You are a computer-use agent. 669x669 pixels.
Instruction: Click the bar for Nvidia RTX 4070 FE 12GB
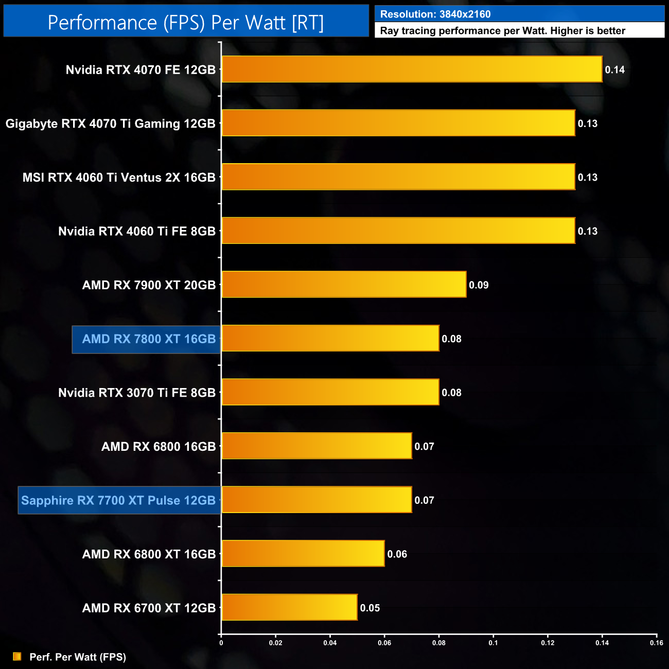[412, 69]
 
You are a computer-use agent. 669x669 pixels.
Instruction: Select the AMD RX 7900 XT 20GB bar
[344, 285]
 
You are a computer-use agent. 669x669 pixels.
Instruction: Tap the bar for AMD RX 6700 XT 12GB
[289, 607]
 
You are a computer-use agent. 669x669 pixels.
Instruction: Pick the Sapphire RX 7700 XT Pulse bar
[316, 500]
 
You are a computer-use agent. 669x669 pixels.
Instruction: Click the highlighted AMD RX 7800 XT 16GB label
[148, 339]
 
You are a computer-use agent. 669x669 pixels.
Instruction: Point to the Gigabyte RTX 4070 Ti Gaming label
[110, 124]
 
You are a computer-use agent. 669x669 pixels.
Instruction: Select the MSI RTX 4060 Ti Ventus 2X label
[119, 178]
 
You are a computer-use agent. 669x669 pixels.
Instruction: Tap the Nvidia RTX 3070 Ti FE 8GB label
[137, 393]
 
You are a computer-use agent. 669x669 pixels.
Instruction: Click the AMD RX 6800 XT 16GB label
[149, 554]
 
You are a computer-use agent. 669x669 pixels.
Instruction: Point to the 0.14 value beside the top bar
[614, 70]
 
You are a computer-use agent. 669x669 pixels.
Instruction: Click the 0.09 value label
[479, 285]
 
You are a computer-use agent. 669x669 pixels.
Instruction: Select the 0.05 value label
[370, 608]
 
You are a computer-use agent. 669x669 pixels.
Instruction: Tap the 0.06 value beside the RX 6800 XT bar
[397, 554]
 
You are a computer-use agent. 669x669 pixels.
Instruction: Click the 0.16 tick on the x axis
[656, 643]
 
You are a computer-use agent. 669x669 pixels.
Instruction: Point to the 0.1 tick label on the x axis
[493, 643]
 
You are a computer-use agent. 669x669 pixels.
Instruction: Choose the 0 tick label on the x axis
[221, 643]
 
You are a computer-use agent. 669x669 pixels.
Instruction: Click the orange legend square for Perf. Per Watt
[17, 657]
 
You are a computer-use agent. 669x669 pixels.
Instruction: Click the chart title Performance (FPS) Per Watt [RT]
[186, 23]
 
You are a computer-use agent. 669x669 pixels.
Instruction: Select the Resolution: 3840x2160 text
[435, 14]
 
